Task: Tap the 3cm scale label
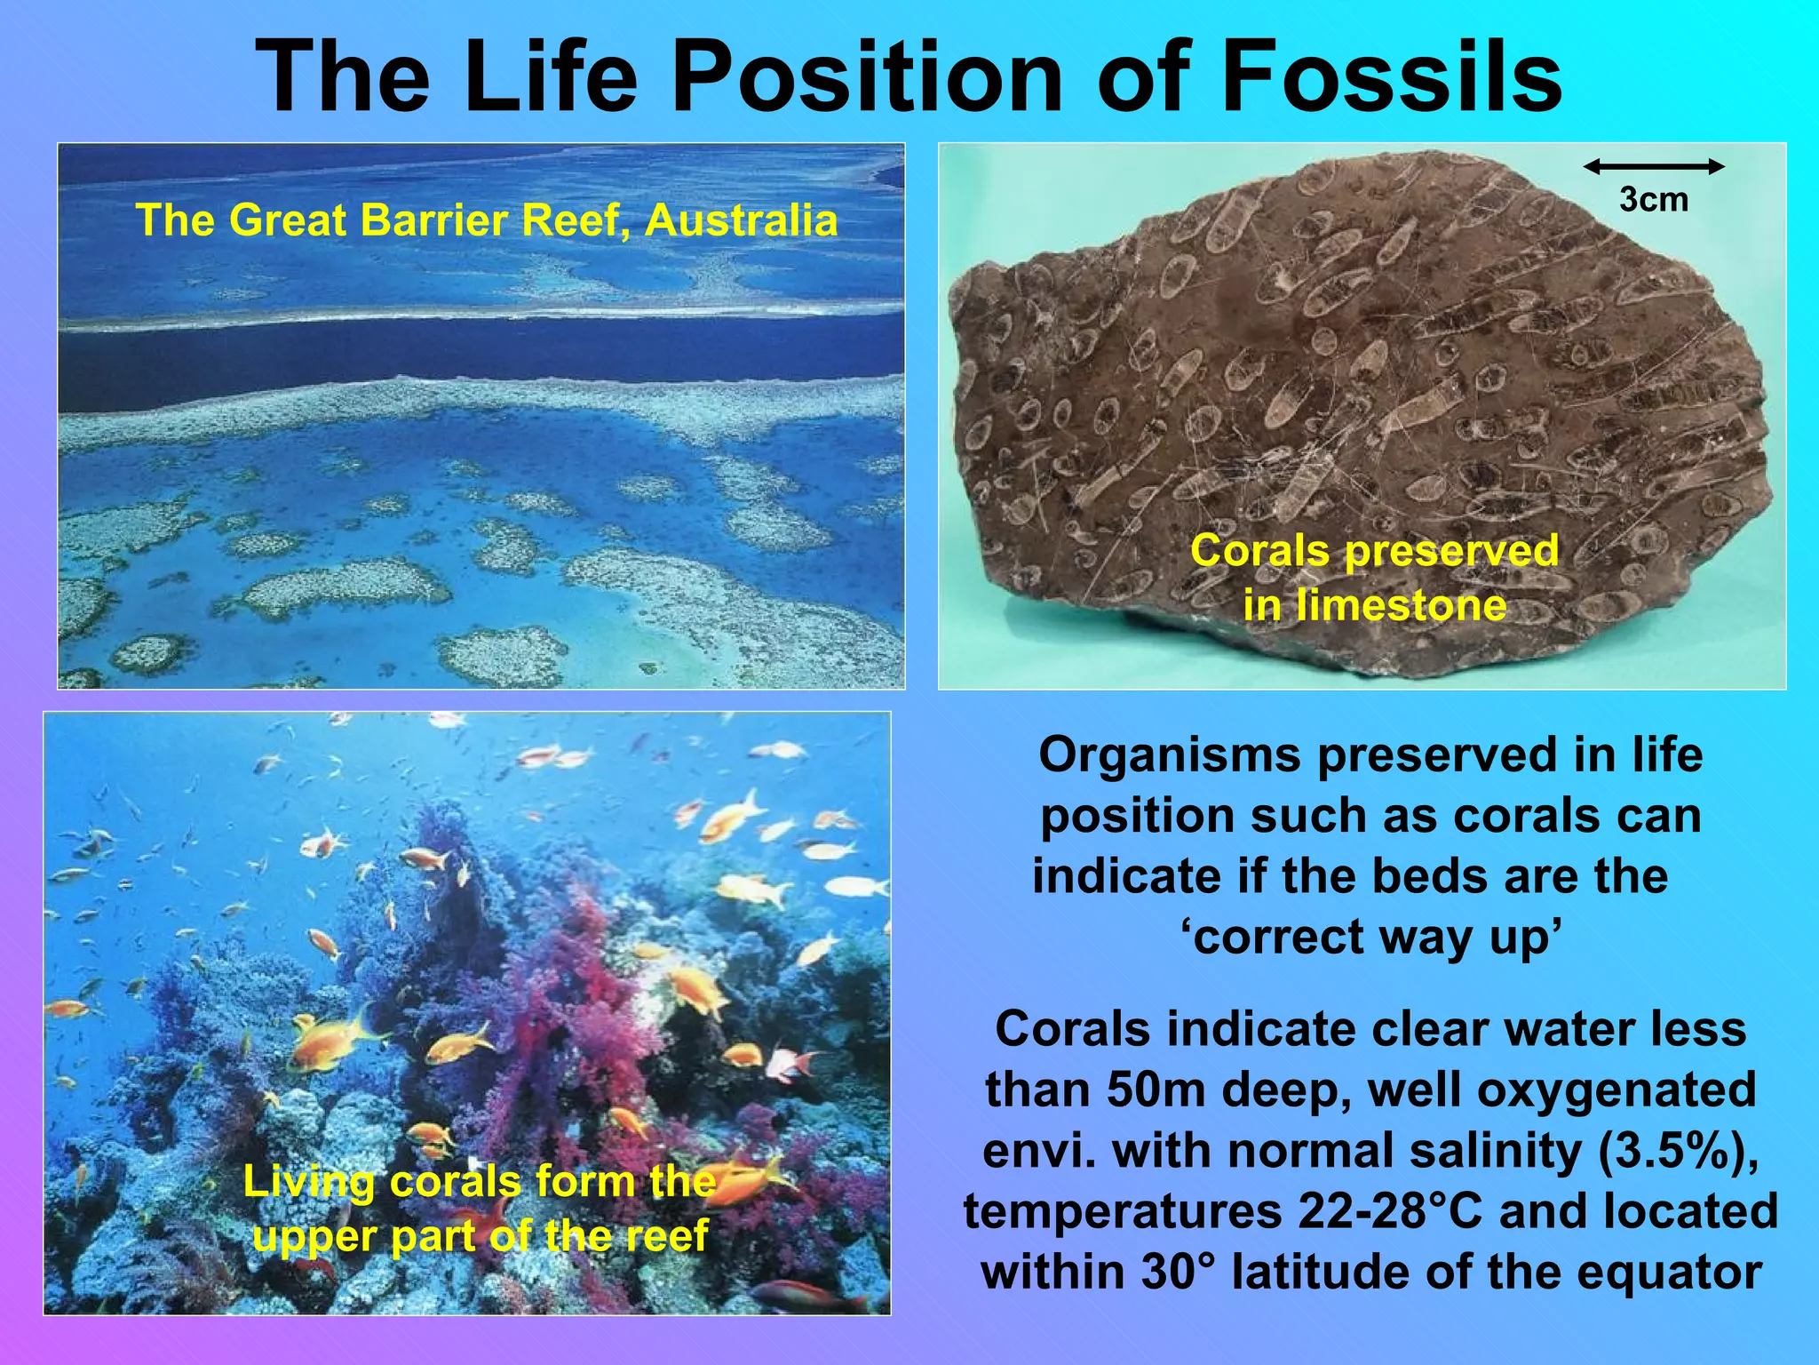click(x=1653, y=199)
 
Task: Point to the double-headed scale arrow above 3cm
click(x=1653, y=166)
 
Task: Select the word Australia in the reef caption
click(x=741, y=220)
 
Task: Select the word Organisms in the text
click(x=1170, y=756)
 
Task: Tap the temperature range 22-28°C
click(x=1390, y=1211)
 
